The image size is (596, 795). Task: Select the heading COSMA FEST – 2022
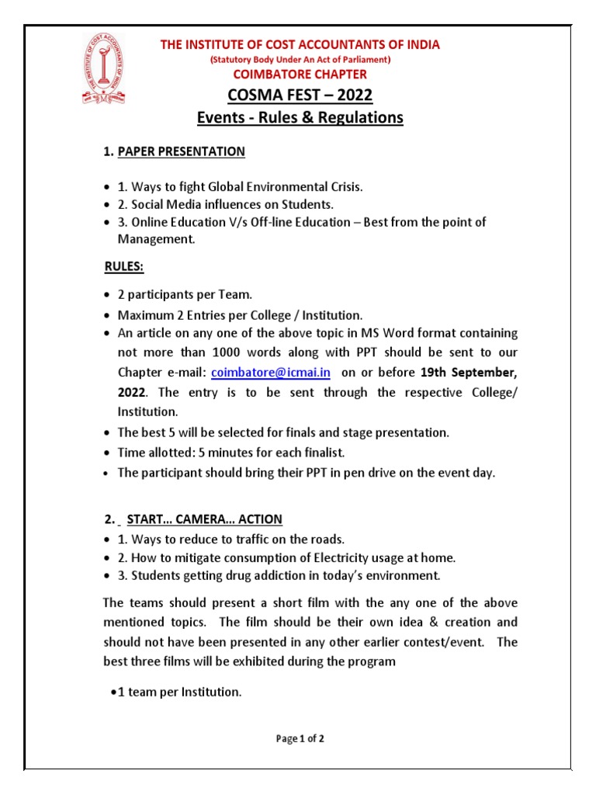[x=300, y=95]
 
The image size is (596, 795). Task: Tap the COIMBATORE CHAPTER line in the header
[x=300, y=75]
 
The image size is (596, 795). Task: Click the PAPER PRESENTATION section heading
[x=181, y=151]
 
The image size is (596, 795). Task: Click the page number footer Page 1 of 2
[x=300, y=739]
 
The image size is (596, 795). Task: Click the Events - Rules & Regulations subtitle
[x=300, y=118]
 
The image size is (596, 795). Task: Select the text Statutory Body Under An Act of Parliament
[x=300, y=60]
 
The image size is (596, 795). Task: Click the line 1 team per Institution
[x=179, y=691]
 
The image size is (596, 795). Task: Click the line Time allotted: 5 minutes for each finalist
[x=230, y=452]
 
